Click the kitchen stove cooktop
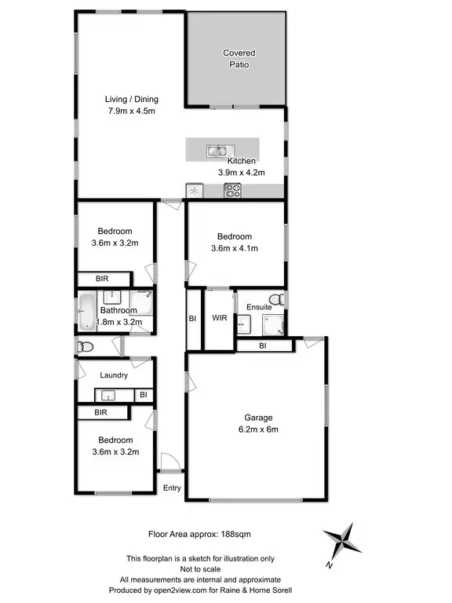(232, 189)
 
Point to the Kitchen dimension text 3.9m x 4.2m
(241, 172)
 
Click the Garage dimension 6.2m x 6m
(257, 429)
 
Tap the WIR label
(219, 318)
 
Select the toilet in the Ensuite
(275, 298)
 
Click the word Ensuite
(259, 307)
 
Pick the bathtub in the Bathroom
(86, 312)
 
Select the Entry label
(172, 488)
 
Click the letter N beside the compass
(331, 564)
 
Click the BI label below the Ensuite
(263, 345)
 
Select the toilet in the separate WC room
(87, 346)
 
